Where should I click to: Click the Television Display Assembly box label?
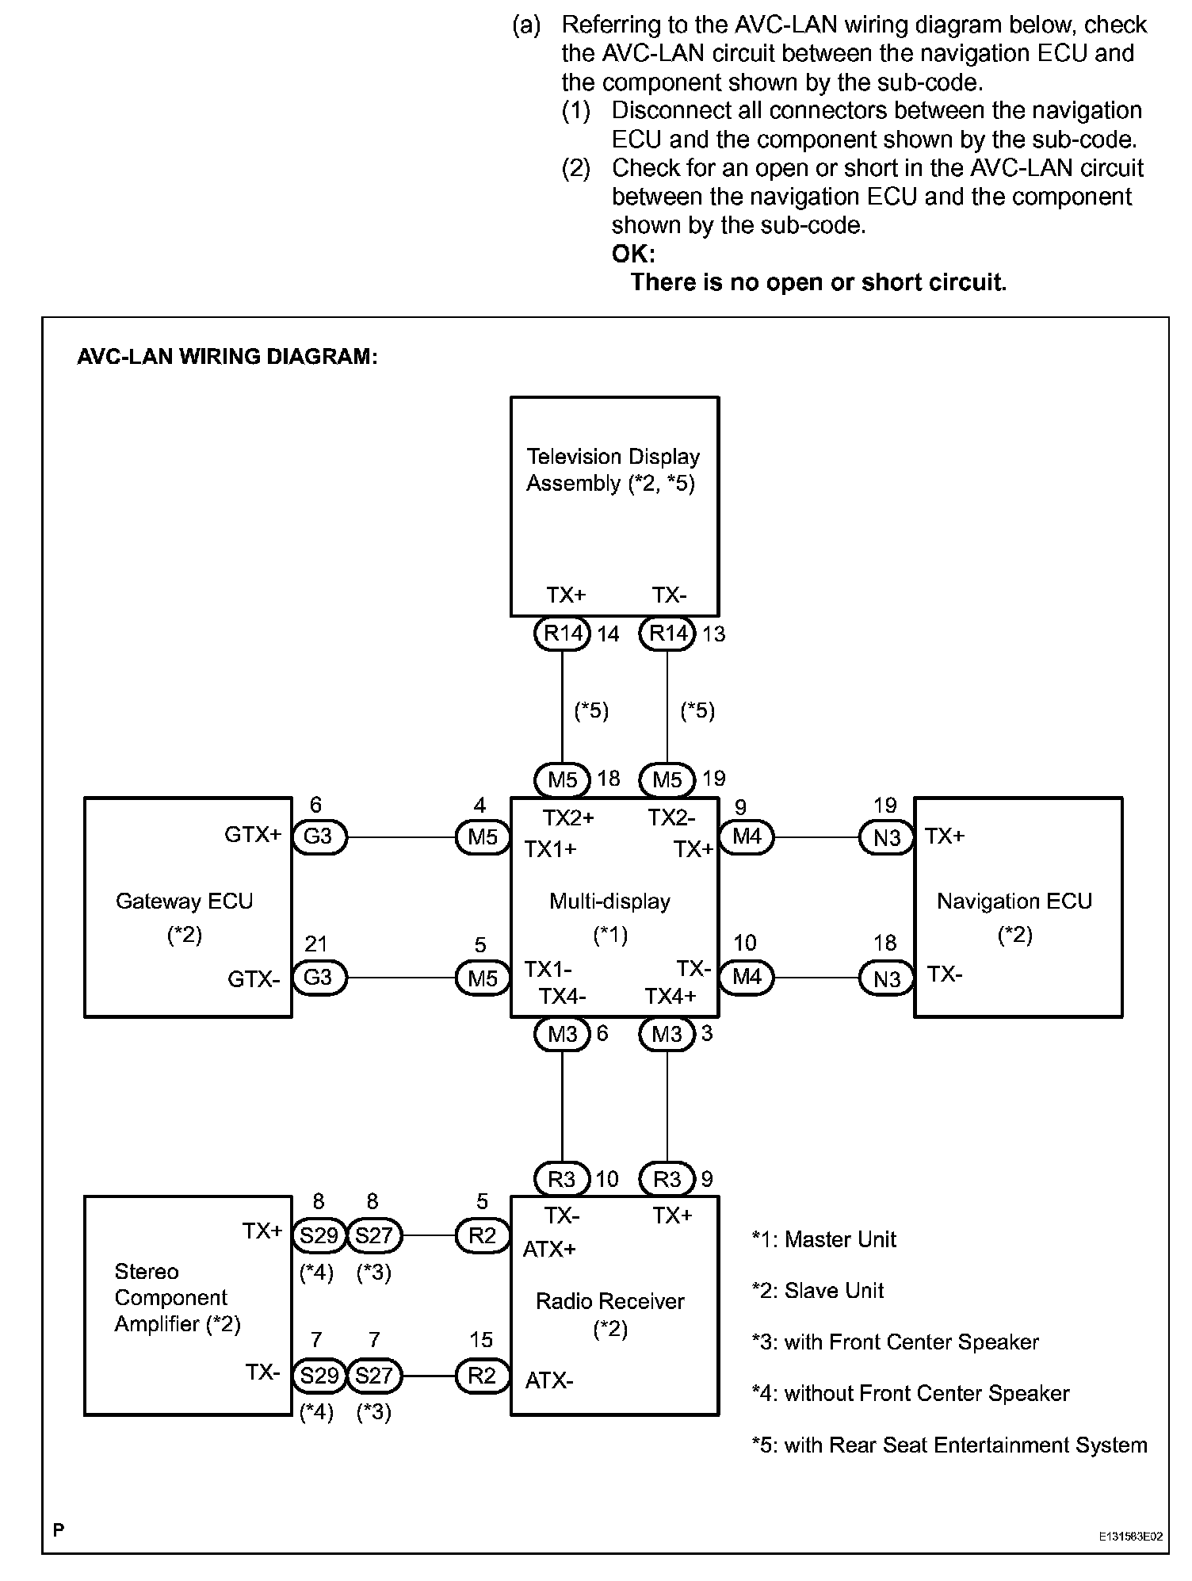click(x=613, y=469)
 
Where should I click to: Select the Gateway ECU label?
click(x=184, y=902)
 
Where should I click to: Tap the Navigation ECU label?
click(x=1014, y=902)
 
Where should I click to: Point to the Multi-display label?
click(x=609, y=902)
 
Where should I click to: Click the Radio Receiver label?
click(x=609, y=1302)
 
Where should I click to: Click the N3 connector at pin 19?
click(x=887, y=837)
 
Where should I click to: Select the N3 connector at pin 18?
click(x=887, y=978)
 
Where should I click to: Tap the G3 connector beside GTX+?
click(x=319, y=837)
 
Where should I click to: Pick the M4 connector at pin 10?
click(x=747, y=977)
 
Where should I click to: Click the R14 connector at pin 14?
click(x=562, y=634)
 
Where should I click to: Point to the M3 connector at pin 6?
click(x=562, y=1034)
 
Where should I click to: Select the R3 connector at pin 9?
click(x=667, y=1179)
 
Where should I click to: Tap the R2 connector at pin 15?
click(x=482, y=1376)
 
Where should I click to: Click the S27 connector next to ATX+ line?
click(x=374, y=1236)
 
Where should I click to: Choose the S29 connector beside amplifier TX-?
click(x=319, y=1376)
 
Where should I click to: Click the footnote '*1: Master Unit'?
click(x=823, y=1240)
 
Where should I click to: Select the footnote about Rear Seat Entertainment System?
click(x=949, y=1445)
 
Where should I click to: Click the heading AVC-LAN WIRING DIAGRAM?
click(x=227, y=357)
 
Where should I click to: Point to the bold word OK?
click(x=633, y=254)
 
